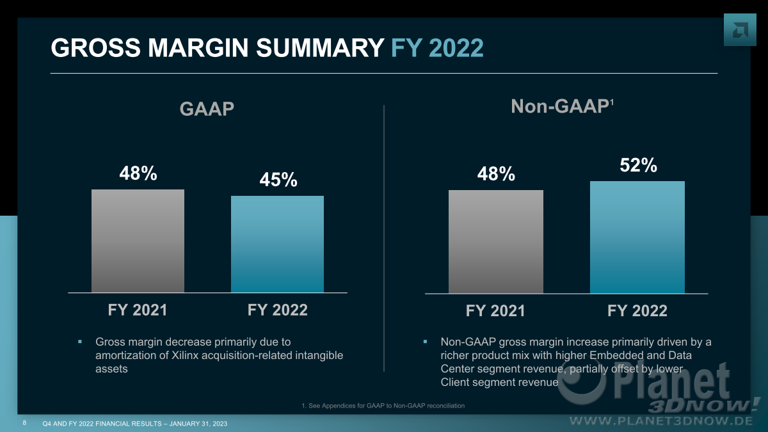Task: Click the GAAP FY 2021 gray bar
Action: (138, 241)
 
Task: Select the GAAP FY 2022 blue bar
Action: (277, 244)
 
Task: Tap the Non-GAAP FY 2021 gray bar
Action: (496, 242)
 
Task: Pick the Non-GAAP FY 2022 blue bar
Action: (637, 237)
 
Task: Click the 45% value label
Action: (278, 180)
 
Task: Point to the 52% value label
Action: (639, 165)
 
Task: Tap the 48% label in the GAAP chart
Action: (138, 173)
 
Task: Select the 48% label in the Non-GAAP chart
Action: (496, 174)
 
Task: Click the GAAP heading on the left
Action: (207, 109)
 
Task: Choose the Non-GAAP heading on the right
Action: (562, 106)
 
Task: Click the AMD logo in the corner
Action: (740, 30)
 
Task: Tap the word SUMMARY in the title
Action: (320, 47)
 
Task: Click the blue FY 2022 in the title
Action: (437, 47)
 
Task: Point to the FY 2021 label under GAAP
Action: (138, 310)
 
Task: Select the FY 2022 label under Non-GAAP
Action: (637, 311)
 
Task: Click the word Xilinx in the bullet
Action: (185, 355)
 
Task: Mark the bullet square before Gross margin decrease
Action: (80, 342)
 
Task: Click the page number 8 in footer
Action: (24, 423)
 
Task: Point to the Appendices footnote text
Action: (383, 406)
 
